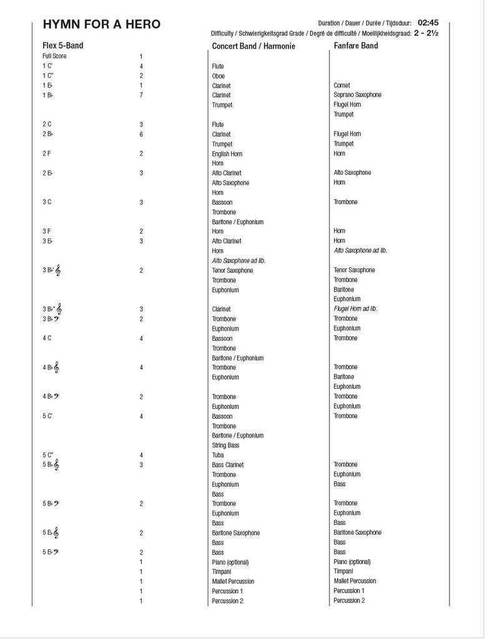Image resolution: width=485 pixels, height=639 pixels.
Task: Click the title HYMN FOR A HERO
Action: (102, 25)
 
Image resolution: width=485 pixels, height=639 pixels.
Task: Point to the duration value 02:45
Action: (428, 22)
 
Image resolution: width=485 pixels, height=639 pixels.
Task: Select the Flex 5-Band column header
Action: (62, 46)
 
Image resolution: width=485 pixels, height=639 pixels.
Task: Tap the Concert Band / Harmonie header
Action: (253, 46)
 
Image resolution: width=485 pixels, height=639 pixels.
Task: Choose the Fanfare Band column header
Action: (356, 46)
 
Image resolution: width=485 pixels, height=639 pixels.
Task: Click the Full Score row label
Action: (54, 56)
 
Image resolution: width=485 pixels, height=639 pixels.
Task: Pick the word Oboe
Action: (218, 76)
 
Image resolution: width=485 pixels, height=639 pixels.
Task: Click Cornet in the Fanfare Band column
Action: (342, 85)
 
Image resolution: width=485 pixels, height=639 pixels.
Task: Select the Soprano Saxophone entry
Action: (358, 95)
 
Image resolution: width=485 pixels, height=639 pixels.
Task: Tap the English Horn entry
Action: (227, 154)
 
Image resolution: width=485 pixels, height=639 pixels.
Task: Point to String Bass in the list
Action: (226, 446)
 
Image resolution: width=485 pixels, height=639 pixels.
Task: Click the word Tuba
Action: (218, 455)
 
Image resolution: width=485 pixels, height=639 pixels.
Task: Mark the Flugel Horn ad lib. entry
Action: (356, 309)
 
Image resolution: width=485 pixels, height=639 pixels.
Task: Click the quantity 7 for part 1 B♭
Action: (142, 95)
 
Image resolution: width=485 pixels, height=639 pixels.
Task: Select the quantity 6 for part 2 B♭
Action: (142, 134)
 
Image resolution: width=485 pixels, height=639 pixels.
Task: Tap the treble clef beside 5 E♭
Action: (56, 533)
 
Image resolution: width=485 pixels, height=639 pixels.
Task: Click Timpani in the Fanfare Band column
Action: (343, 571)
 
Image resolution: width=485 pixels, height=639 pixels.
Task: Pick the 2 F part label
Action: (47, 154)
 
